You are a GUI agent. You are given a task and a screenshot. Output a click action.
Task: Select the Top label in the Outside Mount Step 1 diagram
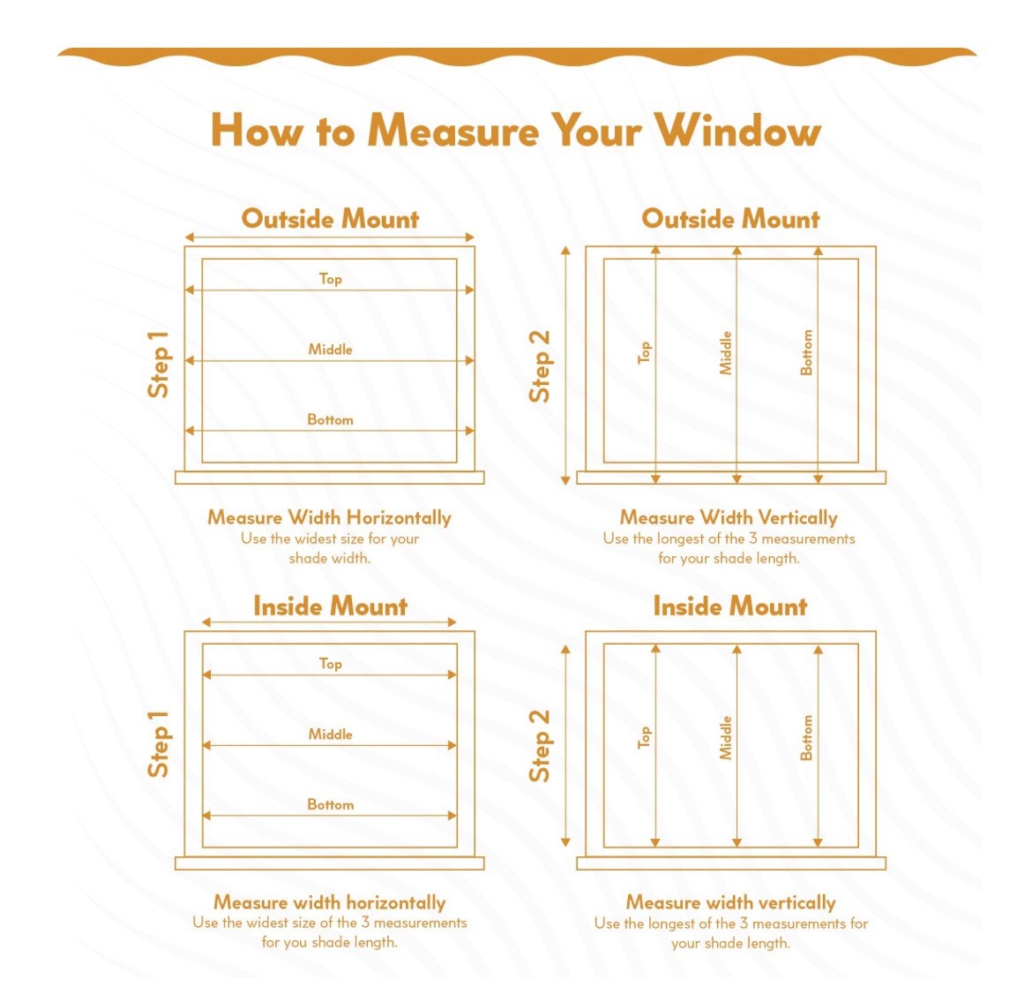(x=331, y=279)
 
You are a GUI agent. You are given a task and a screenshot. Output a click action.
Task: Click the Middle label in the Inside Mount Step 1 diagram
(x=331, y=734)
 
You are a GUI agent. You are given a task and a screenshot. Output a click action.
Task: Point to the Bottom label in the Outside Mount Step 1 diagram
(x=331, y=419)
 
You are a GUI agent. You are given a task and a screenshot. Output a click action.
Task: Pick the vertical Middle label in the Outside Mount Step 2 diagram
(x=725, y=353)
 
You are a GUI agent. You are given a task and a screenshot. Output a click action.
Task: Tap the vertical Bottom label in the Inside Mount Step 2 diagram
(x=806, y=738)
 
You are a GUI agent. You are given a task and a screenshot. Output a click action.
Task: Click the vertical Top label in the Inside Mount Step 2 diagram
(x=645, y=738)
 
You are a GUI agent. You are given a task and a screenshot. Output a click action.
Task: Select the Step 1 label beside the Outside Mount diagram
(x=159, y=365)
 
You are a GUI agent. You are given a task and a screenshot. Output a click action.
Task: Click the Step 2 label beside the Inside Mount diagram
(x=540, y=746)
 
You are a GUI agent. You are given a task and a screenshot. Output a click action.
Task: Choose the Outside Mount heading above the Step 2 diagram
(x=730, y=219)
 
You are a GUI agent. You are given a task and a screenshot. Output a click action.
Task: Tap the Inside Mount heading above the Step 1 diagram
(x=331, y=607)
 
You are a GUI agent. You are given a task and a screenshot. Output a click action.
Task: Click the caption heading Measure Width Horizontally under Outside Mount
(x=330, y=517)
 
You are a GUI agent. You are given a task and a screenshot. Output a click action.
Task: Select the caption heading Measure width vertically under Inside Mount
(x=730, y=902)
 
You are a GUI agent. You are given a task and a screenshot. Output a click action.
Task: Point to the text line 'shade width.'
(x=330, y=558)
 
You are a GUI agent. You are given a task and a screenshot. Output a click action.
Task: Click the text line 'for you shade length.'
(x=330, y=942)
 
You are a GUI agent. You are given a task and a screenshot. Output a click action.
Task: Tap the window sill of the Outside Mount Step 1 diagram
(x=330, y=478)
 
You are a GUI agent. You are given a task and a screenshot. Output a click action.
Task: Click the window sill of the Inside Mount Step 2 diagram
(x=731, y=863)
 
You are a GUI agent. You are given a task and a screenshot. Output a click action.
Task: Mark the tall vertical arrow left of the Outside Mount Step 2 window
(x=565, y=366)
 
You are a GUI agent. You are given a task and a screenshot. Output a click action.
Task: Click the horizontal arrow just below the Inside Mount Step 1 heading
(x=329, y=622)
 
